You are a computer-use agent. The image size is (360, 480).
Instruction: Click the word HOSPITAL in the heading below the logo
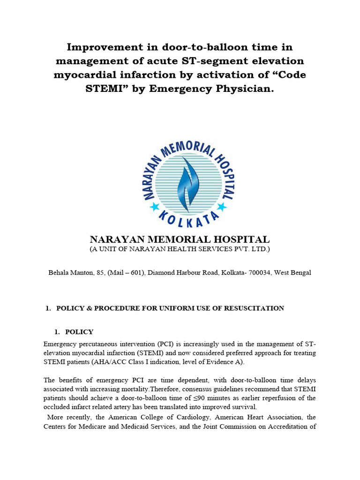[236, 240]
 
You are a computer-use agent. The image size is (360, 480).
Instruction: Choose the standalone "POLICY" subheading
[79, 332]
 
